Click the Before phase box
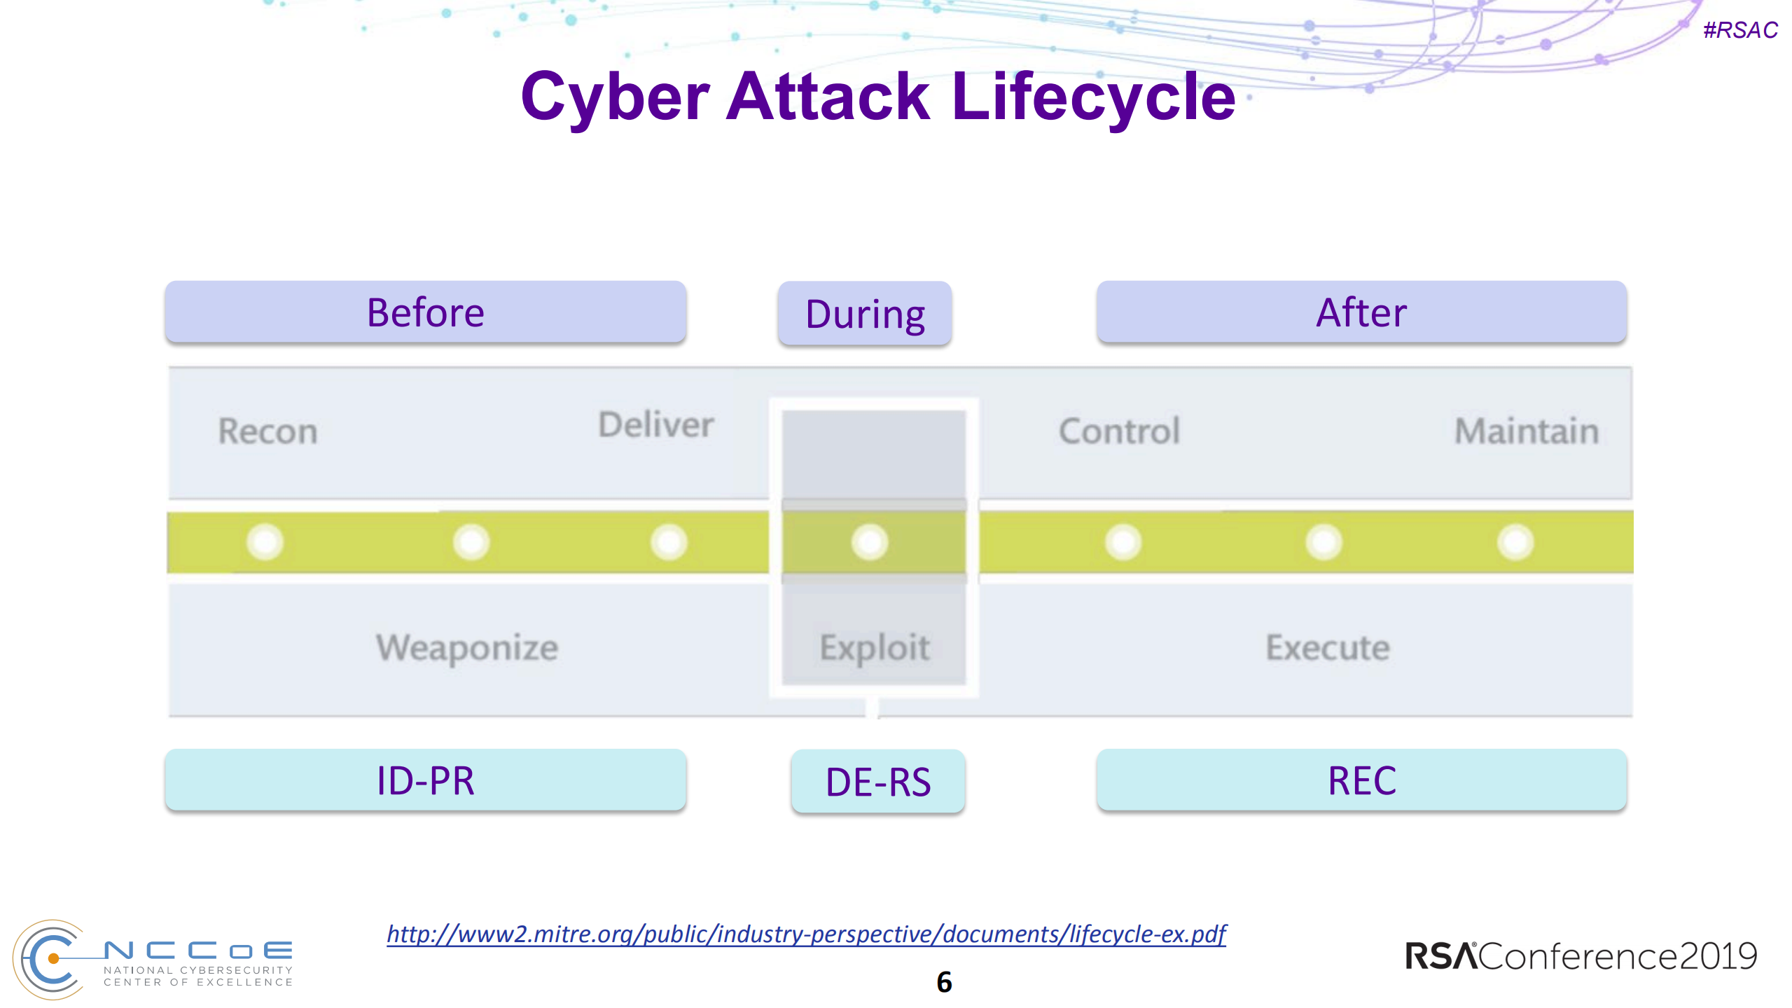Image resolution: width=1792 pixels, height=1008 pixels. pos(425,312)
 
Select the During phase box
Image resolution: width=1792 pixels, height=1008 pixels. pos(864,315)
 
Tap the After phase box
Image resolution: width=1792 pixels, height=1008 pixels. pos(1361,312)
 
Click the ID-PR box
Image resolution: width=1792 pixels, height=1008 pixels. pos(425,780)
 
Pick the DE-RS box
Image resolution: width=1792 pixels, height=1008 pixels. pos(877,782)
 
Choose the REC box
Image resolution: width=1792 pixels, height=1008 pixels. pos(1361,780)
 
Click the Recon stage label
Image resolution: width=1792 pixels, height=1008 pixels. pos(268,431)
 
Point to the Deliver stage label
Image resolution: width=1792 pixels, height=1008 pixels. pos(655,424)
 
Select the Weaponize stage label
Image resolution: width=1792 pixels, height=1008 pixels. pos(467,647)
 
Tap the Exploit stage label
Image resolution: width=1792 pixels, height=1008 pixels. pos(874,647)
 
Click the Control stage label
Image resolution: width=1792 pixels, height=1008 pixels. pos(1119,431)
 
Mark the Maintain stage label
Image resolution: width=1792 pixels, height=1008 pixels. pos(1526,431)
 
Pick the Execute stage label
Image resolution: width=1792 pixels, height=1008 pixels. pos(1327,647)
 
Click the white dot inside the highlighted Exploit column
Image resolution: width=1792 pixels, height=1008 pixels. pos(870,542)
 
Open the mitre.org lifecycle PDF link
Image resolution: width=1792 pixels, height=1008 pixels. pos(806,934)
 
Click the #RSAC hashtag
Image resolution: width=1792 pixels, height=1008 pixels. pos(1739,30)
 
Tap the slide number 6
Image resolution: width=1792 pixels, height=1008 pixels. pos(944,982)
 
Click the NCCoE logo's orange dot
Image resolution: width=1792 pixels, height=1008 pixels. pos(53,958)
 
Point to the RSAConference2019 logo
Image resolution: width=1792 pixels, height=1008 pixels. pos(1581,956)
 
